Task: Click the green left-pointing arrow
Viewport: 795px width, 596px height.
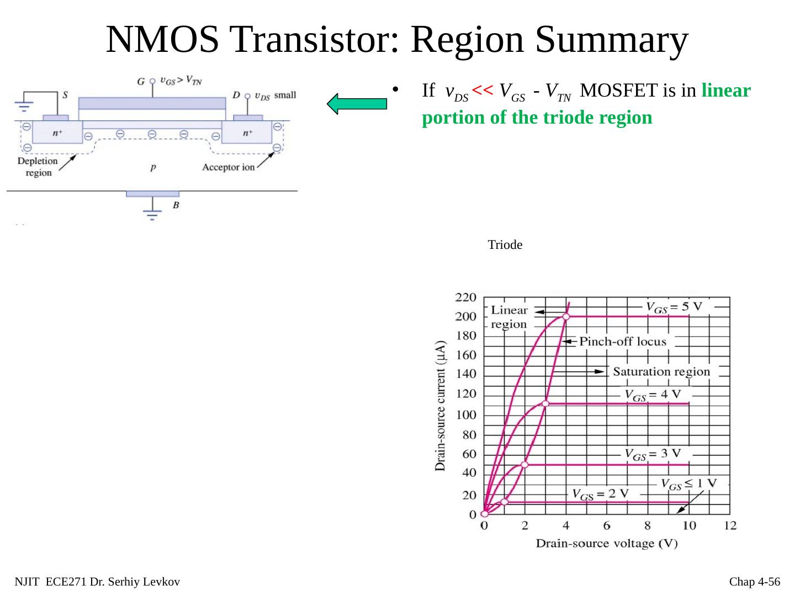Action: tap(356, 104)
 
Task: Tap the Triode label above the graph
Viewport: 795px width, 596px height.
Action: tap(505, 245)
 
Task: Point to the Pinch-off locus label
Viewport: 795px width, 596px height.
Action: tap(622, 342)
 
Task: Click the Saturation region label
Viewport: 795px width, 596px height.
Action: tap(661, 371)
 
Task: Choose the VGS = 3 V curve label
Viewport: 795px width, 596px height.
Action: tap(653, 455)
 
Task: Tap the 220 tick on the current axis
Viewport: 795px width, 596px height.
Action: tap(465, 297)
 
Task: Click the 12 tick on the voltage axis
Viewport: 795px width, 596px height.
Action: tap(730, 525)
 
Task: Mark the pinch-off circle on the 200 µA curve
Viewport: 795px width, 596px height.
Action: tap(566, 316)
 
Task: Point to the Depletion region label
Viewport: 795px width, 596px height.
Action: tap(38, 167)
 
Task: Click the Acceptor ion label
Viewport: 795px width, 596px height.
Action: tap(228, 167)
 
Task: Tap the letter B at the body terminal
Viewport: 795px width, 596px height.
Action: tap(176, 205)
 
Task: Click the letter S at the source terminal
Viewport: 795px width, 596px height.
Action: tap(65, 95)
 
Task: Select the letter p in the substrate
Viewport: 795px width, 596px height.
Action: tap(152, 167)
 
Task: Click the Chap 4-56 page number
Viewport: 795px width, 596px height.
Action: tap(754, 582)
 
